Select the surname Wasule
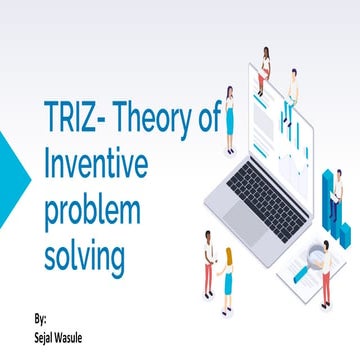[78, 335]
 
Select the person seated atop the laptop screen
[265, 64]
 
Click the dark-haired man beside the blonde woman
[209, 261]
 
